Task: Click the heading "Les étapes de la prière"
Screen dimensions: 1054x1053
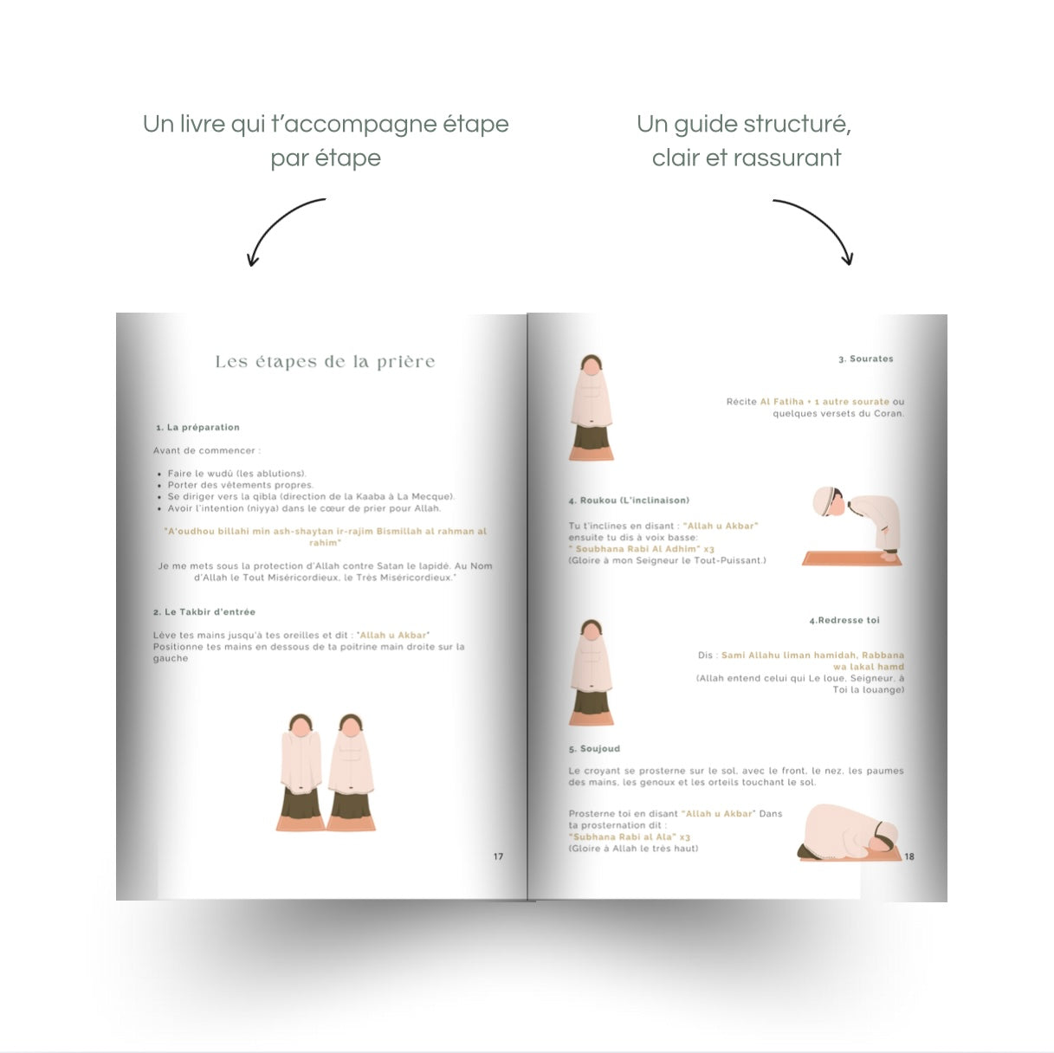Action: pos(326,362)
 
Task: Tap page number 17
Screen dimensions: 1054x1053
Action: pos(498,856)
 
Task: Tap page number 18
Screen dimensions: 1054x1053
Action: pos(909,856)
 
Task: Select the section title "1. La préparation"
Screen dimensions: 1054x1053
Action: pos(197,427)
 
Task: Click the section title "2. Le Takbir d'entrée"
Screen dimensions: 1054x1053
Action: pos(204,611)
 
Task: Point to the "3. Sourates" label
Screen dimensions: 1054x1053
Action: pos(866,359)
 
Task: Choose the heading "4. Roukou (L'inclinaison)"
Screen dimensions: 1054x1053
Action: pos(629,500)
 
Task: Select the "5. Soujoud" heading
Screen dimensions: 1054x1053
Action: pos(594,748)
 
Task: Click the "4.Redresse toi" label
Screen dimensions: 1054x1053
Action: pos(844,620)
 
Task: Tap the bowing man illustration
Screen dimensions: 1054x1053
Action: pos(856,525)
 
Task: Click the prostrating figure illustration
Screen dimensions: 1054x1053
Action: pos(848,832)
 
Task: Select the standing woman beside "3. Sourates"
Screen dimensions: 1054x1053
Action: pos(592,408)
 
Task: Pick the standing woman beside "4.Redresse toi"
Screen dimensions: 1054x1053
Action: pos(592,672)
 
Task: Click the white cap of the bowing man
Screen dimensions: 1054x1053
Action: pos(822,501)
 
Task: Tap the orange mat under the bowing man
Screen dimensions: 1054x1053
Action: pos(851,559)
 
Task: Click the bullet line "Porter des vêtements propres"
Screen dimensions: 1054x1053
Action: pos(241,485)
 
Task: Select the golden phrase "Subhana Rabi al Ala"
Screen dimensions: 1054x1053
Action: pos(624,837)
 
